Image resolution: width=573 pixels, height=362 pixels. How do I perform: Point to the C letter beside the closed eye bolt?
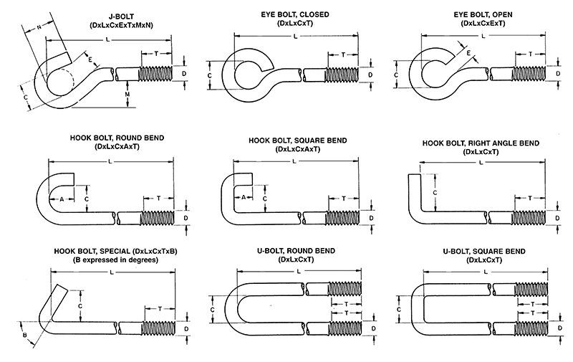click(x=210, y=75)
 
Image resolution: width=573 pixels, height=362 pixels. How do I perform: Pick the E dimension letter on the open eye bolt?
click(x=468, y=54)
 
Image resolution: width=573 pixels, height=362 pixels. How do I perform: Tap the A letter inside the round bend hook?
click(x=62, y=198)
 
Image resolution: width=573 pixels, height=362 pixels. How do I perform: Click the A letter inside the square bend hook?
click(x=244, y=198)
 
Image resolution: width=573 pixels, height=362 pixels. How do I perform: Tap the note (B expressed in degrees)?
click(x=116, y=259)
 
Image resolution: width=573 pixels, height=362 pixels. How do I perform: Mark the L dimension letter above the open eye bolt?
click(x=484, y=36)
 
